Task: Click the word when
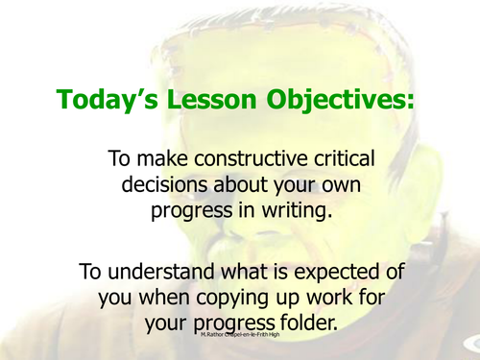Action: pos(161,299)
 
